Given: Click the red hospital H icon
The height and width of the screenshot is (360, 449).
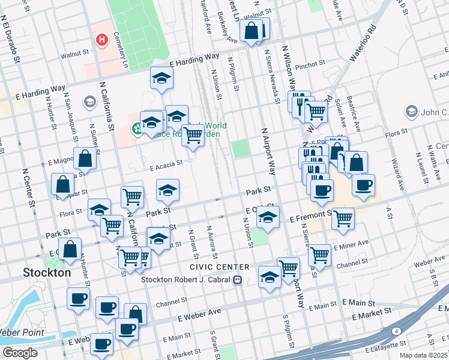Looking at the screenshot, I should click(x=103, y=40).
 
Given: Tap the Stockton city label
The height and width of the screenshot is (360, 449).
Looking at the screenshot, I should click(x=47, y=272).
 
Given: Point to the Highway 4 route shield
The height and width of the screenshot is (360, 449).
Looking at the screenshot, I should click(x=397, y=331).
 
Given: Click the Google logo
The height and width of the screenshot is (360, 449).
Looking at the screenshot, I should click(x=20, y=353).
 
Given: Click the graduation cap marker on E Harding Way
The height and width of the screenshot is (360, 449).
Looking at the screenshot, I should click(x=161, y=79).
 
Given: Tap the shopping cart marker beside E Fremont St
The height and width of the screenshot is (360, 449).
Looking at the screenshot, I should click(x=343, y=219).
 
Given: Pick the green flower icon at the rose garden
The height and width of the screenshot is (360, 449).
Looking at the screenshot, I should click(x=137, y=128).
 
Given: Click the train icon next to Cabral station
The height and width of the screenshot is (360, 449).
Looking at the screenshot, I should click(x=238, y=280).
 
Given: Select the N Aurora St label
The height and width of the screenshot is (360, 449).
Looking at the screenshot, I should click(x=210, y=236).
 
